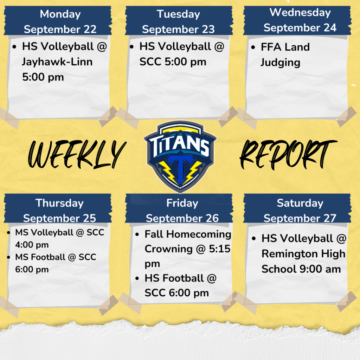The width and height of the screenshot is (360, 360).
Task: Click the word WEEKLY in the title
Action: tap(77, 154)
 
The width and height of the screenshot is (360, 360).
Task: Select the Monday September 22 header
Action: tap(60, 21)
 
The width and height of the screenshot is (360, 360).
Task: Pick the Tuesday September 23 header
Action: tap(178, 21)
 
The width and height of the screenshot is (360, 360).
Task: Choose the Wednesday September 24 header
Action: tap(300, 20)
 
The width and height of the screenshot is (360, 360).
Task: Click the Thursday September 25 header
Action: tap(59, 210)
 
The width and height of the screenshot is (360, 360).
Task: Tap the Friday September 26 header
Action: tap(182, 210)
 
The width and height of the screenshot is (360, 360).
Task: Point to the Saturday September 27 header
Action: tap(300, 210)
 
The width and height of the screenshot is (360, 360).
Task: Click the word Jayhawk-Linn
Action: tap(57, 62)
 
